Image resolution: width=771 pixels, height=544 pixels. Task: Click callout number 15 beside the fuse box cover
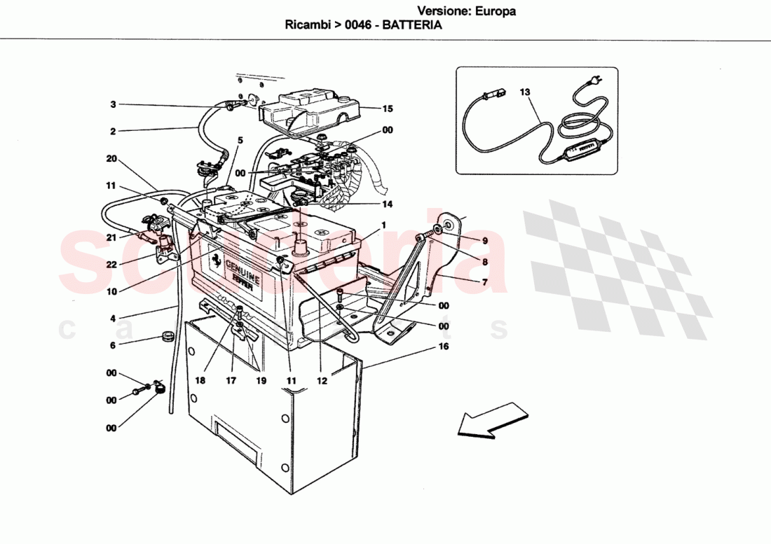click(x=388, y=109)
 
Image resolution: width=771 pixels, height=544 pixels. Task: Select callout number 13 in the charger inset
click(x=526, y=92)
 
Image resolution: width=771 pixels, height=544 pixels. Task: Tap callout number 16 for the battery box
click(x=444, y=347)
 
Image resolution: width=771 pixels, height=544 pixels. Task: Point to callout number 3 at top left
click(x=113, y=105)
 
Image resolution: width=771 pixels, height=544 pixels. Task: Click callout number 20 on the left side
click(x=111, y=159)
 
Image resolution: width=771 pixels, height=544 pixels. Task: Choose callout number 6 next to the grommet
click(x=113, y=344)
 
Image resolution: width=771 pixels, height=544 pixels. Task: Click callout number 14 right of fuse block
click(x=388, y=204)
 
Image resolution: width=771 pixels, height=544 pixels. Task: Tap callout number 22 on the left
click(x=111, y=265)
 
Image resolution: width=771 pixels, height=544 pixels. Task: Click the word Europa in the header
click(x=496, y=11)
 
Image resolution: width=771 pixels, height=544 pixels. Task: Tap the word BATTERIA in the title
click(x=411, y=25)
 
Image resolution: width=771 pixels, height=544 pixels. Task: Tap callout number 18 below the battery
click(x=200, y=381)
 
